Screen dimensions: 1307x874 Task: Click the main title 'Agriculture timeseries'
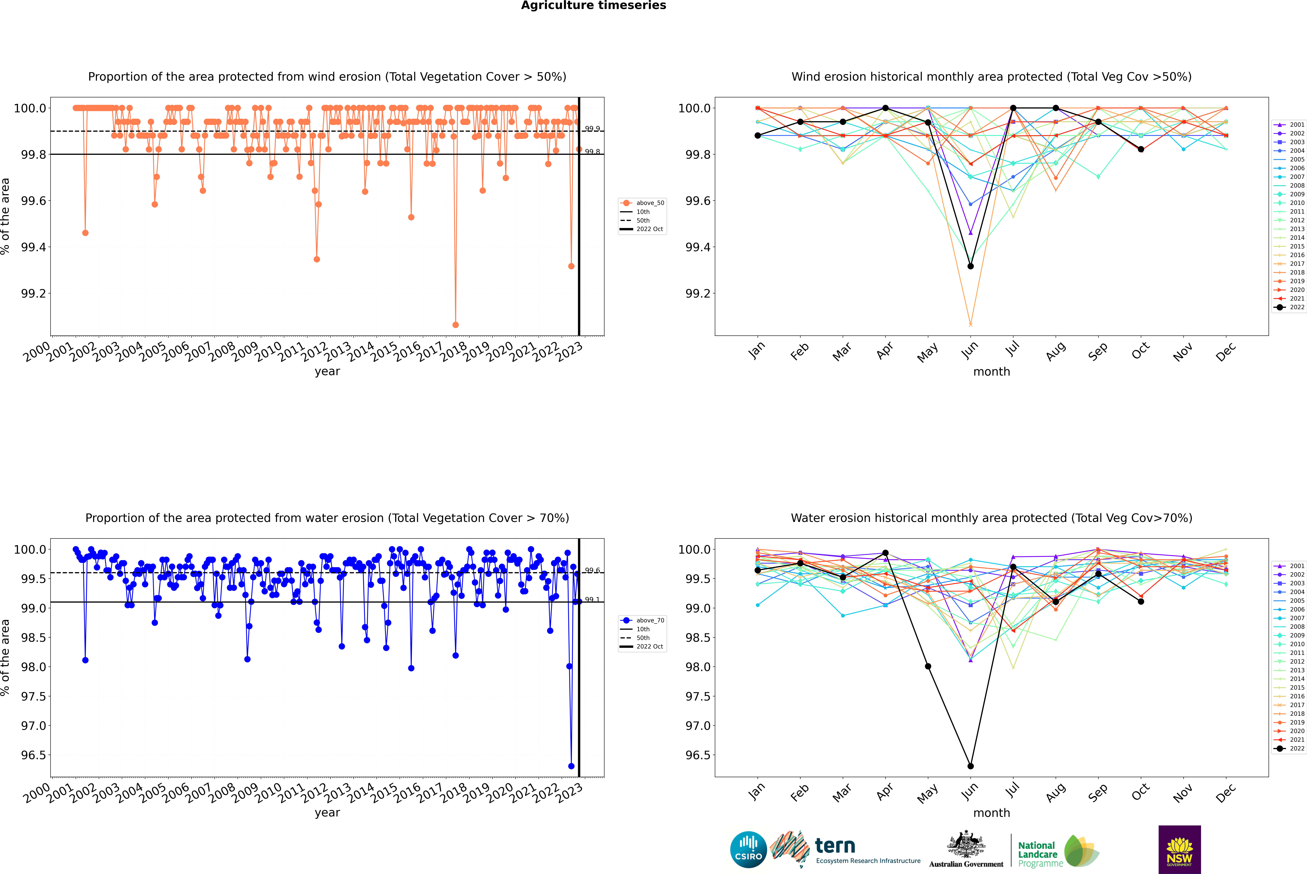click(593, 6)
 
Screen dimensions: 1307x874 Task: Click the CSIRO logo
click(748, 850)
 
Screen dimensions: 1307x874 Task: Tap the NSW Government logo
click(1179, 850)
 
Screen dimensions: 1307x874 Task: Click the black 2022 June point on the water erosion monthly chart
click(970, 766)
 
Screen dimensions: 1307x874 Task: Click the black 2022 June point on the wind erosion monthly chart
click(970, 266)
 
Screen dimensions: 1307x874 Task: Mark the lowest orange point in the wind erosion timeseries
click(456, 324)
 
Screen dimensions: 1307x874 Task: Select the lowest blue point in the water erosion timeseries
click(571, 766)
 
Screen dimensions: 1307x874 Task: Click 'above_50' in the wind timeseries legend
click(650, 203)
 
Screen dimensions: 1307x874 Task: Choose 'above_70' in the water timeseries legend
click(650, 620)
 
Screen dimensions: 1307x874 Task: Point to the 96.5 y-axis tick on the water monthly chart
click(698, 755)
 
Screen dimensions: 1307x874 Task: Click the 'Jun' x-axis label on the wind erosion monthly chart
click(969, 350)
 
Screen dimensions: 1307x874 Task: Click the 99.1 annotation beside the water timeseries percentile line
click(592, 600)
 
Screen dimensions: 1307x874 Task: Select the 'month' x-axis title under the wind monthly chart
click(992, 372)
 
